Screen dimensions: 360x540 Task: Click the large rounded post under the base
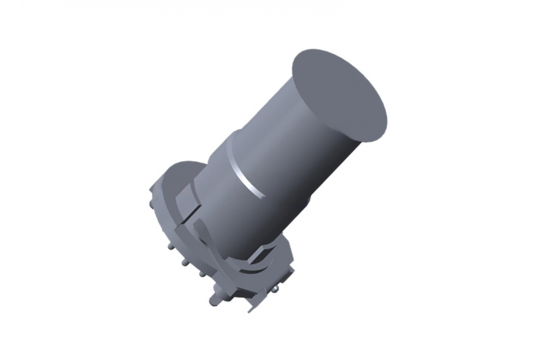pos(215,300)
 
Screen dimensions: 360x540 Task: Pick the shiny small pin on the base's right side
pos(276,289)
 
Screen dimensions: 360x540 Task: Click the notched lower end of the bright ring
pos(263,196)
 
